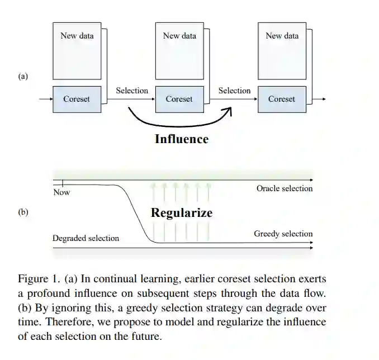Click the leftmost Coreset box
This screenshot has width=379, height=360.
click(77, 100)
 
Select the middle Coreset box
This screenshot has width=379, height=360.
click(179, 100)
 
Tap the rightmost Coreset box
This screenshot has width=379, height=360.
click(281, 100)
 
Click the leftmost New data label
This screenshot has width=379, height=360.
click(77, 36)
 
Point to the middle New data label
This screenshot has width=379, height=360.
click(179, 36)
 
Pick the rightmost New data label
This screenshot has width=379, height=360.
click(282, 36)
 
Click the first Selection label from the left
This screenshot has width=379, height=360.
click(132, 91)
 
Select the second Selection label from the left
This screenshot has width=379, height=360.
click(234, 91)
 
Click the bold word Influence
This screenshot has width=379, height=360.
click(181, 139)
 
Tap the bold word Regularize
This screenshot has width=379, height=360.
click(182, 213)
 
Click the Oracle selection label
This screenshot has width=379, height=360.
click(285, 188)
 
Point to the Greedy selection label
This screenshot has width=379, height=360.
click(283, 234)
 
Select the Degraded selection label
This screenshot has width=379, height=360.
click(86, 238)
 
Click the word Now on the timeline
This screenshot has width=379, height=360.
click(61, 192)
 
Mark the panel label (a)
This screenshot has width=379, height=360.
click(23, 77)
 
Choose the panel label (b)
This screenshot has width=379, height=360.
click(23, 212)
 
